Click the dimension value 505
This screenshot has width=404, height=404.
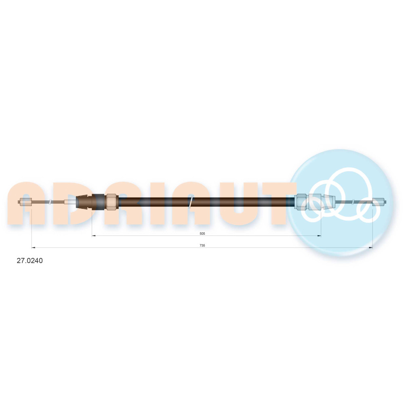[x=202, y=234]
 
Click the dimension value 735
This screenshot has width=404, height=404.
[x=202, y=245]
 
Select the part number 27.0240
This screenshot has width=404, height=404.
[x=29, y=261]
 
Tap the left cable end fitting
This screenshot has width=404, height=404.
[x=25, y=202]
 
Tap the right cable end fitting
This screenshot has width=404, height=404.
[x=379, y=202]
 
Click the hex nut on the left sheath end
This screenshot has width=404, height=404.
[x=112, y=202]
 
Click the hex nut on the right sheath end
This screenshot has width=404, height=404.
[x=301, y=202]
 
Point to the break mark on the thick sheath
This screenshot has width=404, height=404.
[x=191, y=202]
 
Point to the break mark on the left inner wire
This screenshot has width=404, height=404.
[x=52, y=202]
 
